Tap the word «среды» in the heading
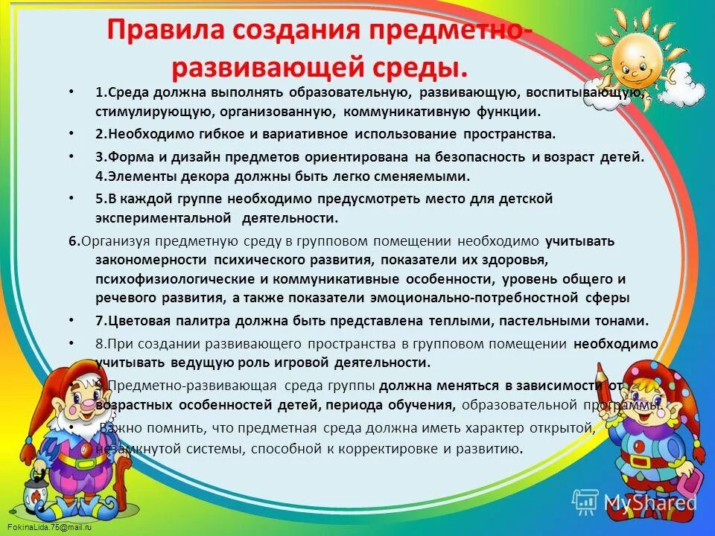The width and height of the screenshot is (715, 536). pos(417,68)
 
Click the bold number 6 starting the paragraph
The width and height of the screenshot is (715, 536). pos(72,241)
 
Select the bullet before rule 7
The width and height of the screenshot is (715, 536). pos(70,322)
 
